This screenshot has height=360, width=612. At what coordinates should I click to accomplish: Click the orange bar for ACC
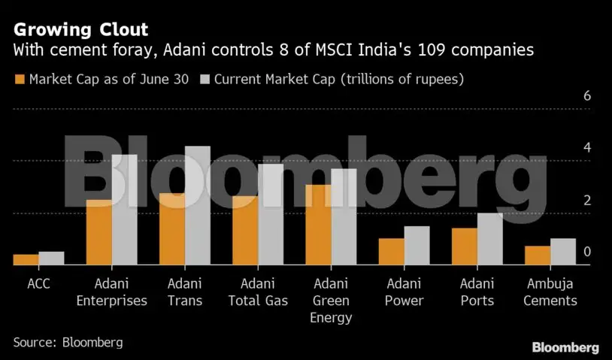click(x=26, y=260)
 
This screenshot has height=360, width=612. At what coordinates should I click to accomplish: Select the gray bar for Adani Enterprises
click(x=125, y=210)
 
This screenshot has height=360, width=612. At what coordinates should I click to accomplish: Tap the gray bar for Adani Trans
click(x=198, y=206)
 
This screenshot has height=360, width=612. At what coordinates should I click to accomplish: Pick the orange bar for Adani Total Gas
click(x=246, y=231)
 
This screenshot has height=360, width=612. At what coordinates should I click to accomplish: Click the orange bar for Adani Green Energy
click(x=319, y=225)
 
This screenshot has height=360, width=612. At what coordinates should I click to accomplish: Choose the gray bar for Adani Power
click(x=417, y=246)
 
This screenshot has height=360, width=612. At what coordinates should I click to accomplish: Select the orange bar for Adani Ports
click(x=465, y=247)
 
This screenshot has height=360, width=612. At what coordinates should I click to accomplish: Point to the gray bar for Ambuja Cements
click(x=563, y=252)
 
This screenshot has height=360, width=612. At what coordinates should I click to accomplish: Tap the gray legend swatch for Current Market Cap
click(x=205, y=79)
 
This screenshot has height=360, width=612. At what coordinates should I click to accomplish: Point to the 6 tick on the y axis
click(x=587, y=97)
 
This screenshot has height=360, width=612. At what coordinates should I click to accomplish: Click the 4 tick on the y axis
click(x=587, y=149)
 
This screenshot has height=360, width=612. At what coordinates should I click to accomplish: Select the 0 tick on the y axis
click(x=587, y=253)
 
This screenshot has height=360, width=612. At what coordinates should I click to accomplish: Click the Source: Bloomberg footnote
click(x=68, y=342)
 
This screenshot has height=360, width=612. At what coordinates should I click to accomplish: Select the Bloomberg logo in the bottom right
click(x=565, y=347)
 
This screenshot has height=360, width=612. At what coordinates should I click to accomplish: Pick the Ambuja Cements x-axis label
click(x=551, y=292)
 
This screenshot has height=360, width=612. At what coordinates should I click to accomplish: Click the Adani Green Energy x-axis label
click(x=331, y=301)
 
